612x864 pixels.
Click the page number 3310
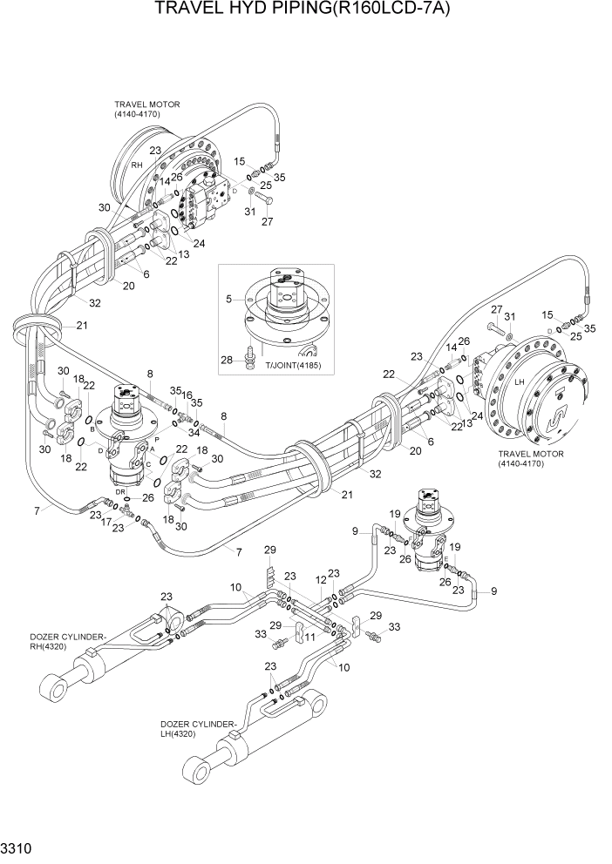click(x=16, y=847)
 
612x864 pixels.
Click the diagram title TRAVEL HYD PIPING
click(x=305, y=10)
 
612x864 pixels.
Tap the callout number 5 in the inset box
click(x=229, y=299)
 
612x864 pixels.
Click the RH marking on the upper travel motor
click(x=136, y=165)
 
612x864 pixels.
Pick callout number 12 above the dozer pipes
click(x=320, y=579)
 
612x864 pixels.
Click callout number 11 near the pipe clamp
click(x=309, y=637)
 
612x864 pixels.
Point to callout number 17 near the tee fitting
click(x=105, y=525)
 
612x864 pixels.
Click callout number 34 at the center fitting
click(x=194, y=408)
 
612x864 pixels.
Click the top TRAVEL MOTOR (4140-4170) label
click(x=146, y=110)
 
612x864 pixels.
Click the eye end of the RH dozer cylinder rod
click(x=62, y=692)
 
